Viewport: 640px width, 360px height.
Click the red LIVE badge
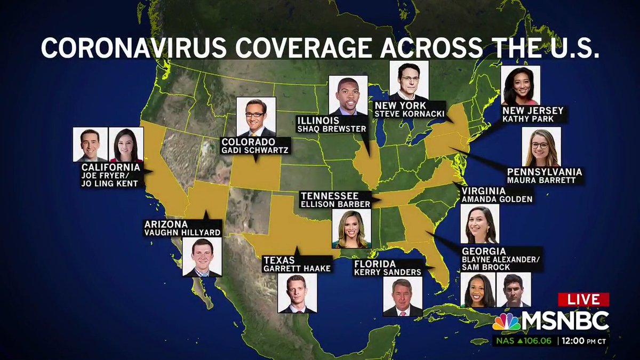point(583,300)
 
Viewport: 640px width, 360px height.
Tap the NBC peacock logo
point(506,322)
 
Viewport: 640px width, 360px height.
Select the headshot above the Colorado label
point(256,117)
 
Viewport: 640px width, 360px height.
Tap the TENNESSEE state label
point(329,196)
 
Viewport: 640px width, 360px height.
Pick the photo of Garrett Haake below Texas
point(297,293)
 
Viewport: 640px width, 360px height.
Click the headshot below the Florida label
point(403,297)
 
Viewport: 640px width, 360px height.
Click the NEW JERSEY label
point(532,110)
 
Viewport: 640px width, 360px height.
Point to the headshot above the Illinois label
point(348,95)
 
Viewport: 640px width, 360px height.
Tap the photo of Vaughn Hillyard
point(202,257)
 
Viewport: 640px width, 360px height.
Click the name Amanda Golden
point(497,199)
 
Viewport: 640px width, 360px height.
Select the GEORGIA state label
point(484,251)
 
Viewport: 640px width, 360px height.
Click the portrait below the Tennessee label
point(350,229)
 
